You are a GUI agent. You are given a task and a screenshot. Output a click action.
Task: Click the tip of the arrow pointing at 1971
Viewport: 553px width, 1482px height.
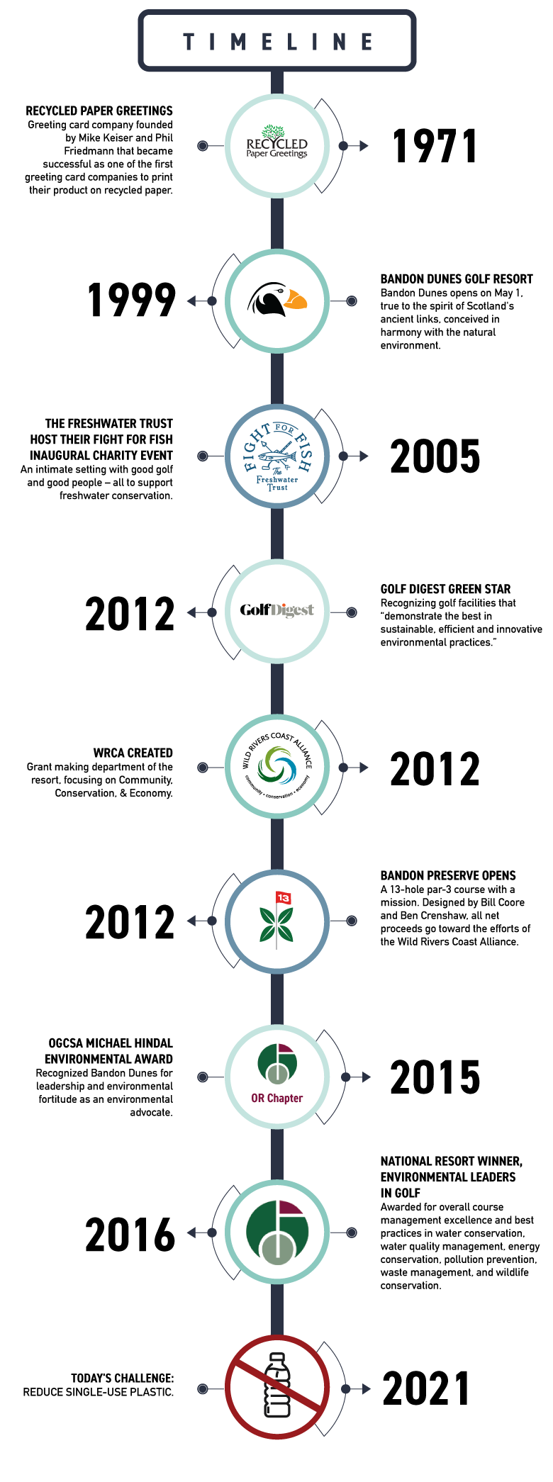[x=369, y=146]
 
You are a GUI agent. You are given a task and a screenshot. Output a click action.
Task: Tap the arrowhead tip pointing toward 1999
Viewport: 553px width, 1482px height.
[x=187, y=301]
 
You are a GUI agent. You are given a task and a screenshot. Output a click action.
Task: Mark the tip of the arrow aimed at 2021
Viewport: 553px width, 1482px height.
[x=371, y=1388]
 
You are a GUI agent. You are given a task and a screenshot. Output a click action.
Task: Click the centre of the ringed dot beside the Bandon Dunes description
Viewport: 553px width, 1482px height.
[x=352, y=301]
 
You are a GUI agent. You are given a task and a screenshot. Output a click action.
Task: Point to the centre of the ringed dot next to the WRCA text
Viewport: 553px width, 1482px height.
[x=203, y=768]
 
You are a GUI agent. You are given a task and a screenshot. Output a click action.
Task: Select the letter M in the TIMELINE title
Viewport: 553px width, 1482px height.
[x=239, y=42]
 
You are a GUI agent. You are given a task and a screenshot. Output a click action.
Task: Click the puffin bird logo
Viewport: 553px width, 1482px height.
[x=277, y=300]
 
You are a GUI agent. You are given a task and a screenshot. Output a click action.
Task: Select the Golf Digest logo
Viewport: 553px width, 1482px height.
[x=277, y=610]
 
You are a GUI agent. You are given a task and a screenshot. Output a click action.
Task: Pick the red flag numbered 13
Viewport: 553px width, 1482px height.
[x=284, y=898]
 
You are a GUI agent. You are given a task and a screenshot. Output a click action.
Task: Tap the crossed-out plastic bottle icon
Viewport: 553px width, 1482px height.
[x=277, y=1386]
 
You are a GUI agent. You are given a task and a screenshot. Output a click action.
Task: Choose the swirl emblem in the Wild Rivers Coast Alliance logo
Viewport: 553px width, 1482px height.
[x=277, y=766]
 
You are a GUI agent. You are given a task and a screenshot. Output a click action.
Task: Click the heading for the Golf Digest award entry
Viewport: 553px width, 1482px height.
[x=445, y=589]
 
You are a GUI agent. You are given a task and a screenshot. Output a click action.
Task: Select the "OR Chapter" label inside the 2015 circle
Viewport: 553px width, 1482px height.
[x=277, y=1098]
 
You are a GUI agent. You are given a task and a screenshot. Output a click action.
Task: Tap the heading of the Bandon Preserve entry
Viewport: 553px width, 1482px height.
[x=448, y=875]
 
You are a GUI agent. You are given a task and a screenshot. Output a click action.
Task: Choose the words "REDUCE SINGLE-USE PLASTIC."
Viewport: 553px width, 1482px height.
[x=99, y=1392]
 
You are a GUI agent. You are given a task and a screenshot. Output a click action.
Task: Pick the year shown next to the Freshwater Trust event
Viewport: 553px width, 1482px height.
[x=435, y=456]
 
